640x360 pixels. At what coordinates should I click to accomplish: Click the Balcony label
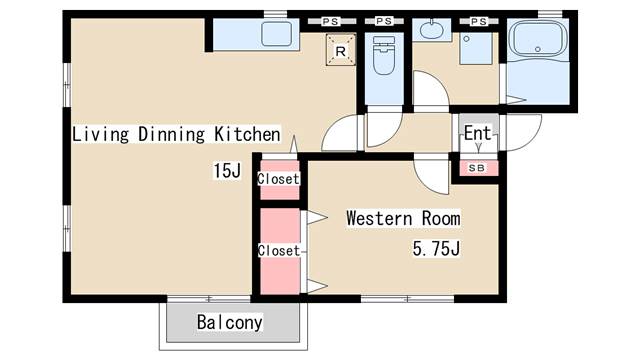coord(229,322)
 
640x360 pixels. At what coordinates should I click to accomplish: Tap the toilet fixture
coord(384,55)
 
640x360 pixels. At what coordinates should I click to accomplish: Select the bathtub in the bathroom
coord(540,40)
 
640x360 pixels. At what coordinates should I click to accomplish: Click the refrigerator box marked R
coord(340,50)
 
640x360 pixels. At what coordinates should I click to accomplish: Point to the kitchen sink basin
coord(276,33)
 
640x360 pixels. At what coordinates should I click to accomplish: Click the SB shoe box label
coord(476,168)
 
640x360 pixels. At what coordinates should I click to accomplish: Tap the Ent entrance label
coord(477,133)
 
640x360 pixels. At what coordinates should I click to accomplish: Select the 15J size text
coord(227,170)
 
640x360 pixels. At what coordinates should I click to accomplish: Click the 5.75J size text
coord(436,248)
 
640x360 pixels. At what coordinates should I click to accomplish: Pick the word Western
coord(379,218)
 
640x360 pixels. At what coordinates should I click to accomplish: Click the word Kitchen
coord(248,134)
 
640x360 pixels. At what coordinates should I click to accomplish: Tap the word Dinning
coord(171,134)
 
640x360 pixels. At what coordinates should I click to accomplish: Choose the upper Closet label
coord(278,178)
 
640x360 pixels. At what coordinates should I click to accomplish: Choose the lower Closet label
coord(279,250)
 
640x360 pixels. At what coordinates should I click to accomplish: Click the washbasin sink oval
coord(432,29)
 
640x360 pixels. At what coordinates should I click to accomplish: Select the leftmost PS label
coord(330,21)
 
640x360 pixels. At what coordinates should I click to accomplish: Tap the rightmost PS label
coord(479,21)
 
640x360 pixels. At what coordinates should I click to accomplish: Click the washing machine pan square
coord(476,49)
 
